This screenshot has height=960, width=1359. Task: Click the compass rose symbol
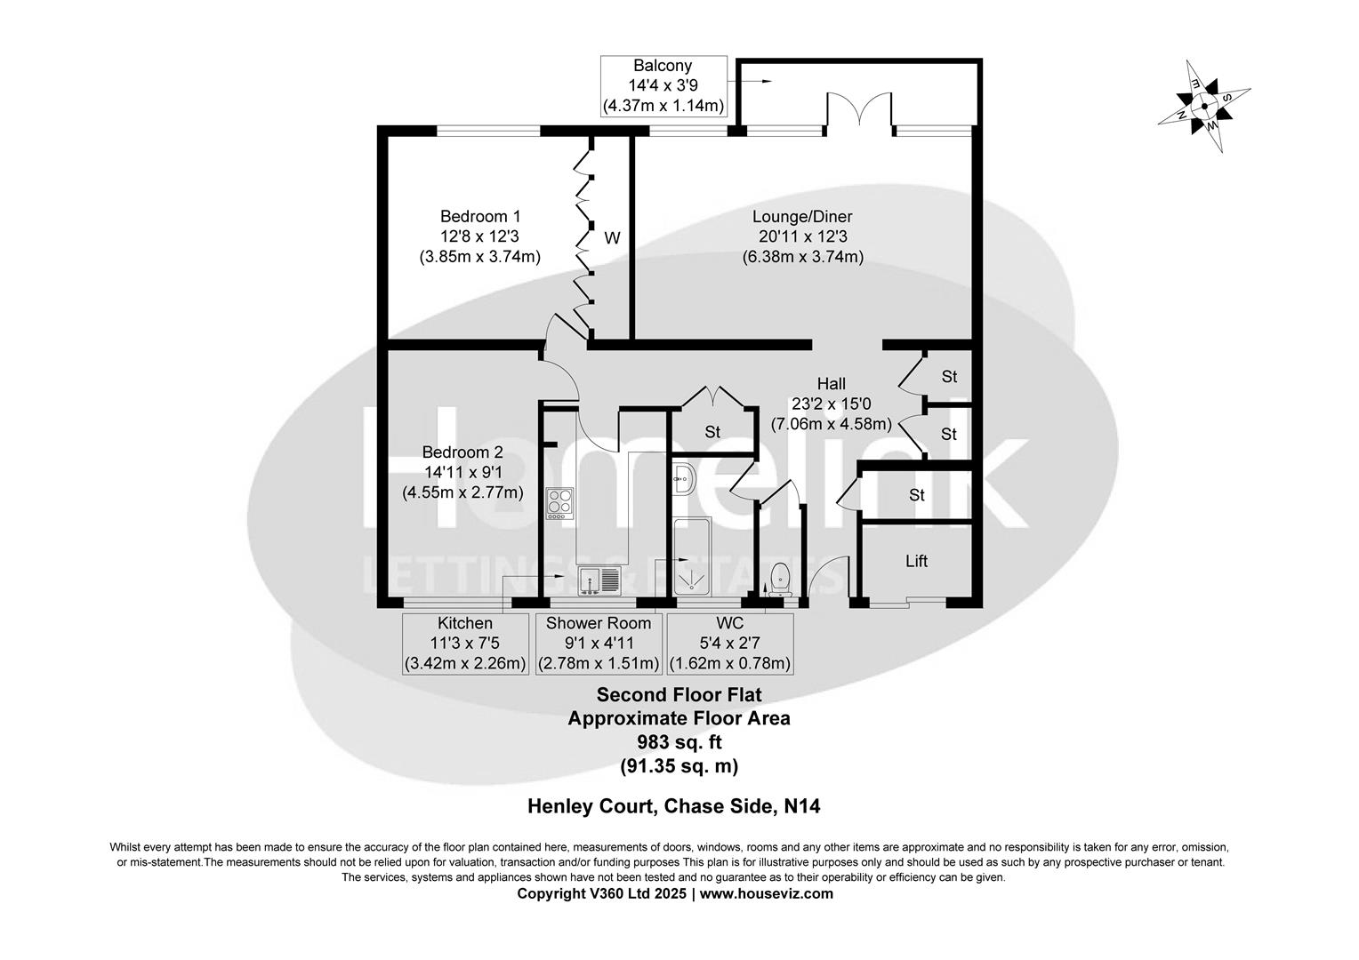click(x=1204, y=106)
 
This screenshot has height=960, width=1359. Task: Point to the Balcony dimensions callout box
click(x=663, y=86)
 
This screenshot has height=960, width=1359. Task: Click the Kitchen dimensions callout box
click(x=465, y=644)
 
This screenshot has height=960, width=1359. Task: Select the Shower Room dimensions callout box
click(x=598, y=644)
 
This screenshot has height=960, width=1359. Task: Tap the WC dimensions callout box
click(x=729, y=644)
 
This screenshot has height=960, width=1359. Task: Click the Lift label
click(x=916, y=561)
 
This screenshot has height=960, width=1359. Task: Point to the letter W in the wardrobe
click(x=612, y=237)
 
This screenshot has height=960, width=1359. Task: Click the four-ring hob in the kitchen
click(x=559, y=504)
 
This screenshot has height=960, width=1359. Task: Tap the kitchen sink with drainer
click(x=600, y=580)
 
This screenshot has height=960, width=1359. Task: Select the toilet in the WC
click(x=780, y=578)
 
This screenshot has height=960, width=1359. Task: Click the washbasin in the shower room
click(x=684, y=478)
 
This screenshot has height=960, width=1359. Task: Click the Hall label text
click(x=831, y=384)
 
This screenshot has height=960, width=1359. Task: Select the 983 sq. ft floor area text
click(x=679, y=741)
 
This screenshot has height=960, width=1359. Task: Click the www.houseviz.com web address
click(x=766, y=893)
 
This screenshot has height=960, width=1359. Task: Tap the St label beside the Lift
click(x=917, y=494)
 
